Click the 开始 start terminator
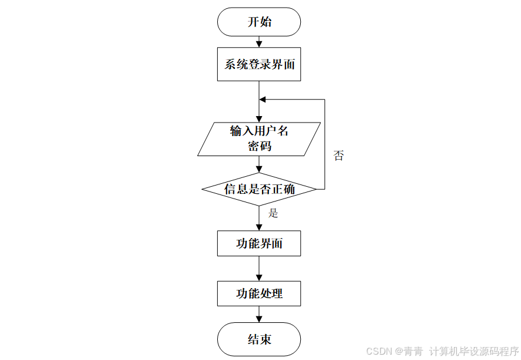(259, 22)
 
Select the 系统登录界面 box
(259, 64)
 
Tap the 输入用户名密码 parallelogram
(259, 139)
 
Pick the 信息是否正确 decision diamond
(259, 189)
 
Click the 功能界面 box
(259, 243)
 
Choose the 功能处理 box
(259, 293)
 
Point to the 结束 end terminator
(259, 339)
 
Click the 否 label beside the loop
(339, 156)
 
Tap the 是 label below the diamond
(273, 213)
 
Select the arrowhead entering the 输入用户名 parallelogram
(259, 118)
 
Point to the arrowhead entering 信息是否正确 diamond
(259, 169)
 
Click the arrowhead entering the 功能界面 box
(259, 227)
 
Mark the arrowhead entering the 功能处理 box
(259, 277)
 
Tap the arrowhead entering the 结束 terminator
(259, 319)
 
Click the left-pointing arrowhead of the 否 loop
(263, 100)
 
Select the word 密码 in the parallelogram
(259, 146)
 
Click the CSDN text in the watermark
(379, 351)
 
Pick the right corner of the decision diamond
(316, 189)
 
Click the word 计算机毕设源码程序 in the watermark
(474, 351)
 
